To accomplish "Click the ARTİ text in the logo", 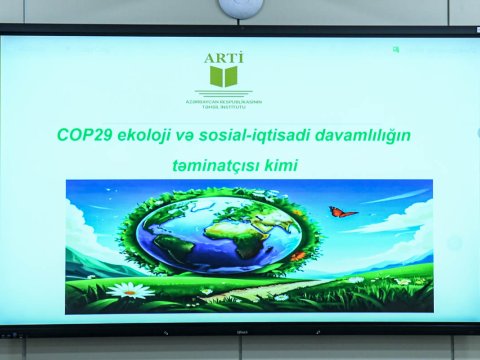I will (224, 57).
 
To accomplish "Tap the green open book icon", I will (224, 77).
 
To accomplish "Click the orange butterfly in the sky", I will (342, 213).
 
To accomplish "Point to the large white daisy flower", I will (129, 291).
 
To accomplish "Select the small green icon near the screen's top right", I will (396, 49).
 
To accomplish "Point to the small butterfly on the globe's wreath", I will (298, 256).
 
